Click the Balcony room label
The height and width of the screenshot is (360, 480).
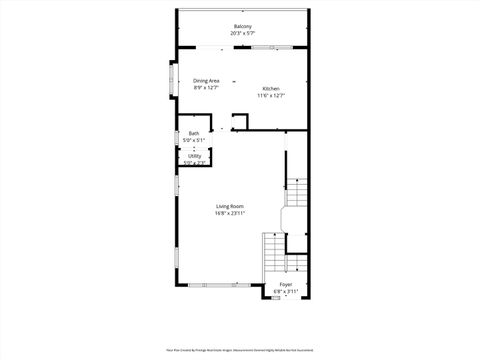click(x=242, y=26)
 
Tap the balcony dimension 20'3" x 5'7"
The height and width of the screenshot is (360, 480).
click(x=242, y=33)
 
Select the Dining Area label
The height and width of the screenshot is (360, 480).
click(x=206, y=81)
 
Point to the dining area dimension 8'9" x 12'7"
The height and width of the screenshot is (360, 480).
click(x=206, y=88)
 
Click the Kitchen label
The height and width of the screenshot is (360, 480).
click(x=271, y=88)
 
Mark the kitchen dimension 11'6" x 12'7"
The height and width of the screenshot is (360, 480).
click(x=271, y=95)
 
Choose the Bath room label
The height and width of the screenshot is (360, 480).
click(x=193, y=134)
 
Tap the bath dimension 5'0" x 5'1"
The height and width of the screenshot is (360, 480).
click(x=193, y=141)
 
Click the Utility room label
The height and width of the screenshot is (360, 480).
click(x=194, y=156)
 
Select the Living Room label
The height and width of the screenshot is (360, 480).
click(x=230, y=206)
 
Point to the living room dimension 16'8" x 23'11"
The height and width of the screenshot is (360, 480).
click(x=230, y=213)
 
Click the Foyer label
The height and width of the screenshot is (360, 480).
click(x=286, y=285)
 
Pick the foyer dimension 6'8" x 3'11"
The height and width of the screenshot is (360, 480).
click(x=286, y=292)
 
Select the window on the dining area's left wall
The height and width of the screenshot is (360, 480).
click(x=169, y=83)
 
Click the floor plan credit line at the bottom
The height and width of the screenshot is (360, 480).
click(x=240, y=350)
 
